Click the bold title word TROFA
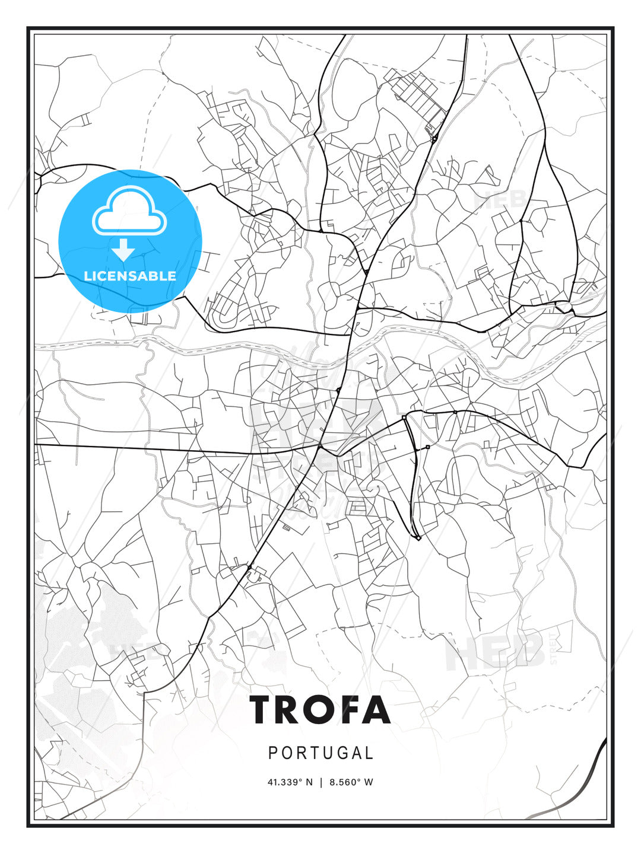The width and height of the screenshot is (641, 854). [x=320, y=709]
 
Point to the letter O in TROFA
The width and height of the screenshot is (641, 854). [x=323, y=709]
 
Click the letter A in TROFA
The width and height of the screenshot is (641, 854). [x=378, y=709]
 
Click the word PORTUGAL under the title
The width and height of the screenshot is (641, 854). [x=320, y=753]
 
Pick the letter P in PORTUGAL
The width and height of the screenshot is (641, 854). [x=273, y=753]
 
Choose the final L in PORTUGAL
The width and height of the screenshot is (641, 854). [x=369, y=753]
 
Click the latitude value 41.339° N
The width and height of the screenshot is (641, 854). [x=290, y=782]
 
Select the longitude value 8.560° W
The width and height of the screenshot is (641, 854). [x=351, y=782]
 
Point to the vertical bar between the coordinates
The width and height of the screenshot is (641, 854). [x=320, y=782]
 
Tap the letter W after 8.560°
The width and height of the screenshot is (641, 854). [x=369, y=782]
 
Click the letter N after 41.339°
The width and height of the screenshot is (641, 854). [x=309, y=782]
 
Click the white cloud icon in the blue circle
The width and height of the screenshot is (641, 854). [x=129, y=212]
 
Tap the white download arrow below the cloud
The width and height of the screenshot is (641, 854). [x=123, y=250]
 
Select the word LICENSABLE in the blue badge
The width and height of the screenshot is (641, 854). [x=130, y=276]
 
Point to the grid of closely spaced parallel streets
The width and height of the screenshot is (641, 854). [x=415, y=95]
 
